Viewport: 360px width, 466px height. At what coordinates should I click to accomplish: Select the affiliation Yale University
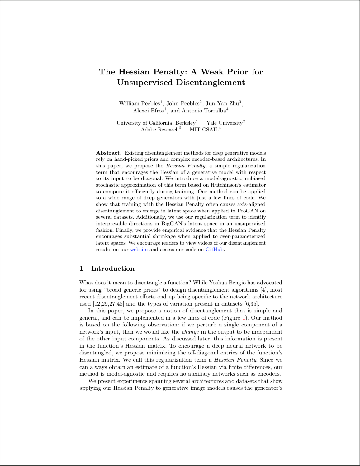click(224, 123)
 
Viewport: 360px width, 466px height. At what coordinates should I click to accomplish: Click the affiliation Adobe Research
click(159, 130)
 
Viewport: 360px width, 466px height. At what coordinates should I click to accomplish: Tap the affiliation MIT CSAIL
click(204, 130)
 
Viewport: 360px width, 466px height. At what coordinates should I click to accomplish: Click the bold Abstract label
click(108, 153)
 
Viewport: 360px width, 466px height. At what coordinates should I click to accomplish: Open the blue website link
click(139, 250)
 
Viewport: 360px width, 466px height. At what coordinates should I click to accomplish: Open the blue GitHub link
click(215, 250)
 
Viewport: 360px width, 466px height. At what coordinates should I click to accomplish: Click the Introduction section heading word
click(113, 269)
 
